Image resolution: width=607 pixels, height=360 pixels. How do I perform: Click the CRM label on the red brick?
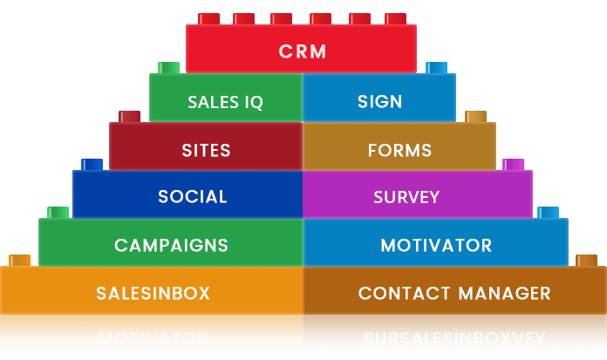303,51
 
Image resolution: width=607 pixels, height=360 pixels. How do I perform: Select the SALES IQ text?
225,102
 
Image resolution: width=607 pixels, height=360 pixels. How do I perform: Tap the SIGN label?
380,101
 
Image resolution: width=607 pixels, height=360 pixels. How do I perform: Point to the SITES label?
207,150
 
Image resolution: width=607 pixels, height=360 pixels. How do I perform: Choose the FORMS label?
400,150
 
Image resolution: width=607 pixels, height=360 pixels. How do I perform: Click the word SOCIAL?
193,197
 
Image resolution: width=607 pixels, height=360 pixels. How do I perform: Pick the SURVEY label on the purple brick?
406,197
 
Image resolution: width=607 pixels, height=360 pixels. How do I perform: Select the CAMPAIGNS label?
171,245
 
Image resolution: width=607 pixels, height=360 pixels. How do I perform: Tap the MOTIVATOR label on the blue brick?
436,245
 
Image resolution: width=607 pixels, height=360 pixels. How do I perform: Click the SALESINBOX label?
153,293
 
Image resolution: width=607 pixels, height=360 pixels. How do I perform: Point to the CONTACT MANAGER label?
454,293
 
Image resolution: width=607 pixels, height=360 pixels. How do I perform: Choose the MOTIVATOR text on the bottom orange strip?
153,338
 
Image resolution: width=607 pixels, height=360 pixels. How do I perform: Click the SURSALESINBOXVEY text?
454,338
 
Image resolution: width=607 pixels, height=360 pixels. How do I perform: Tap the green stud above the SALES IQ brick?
169,68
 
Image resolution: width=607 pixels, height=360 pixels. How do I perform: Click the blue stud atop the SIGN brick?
436,68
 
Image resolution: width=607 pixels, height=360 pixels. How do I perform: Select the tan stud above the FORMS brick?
475,117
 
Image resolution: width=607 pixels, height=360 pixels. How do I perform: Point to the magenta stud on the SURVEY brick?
514,165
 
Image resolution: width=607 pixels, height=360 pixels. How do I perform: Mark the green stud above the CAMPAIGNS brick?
58,213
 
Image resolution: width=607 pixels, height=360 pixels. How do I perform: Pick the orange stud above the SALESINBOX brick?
19,261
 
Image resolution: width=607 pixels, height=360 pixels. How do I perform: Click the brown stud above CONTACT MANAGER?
586,261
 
